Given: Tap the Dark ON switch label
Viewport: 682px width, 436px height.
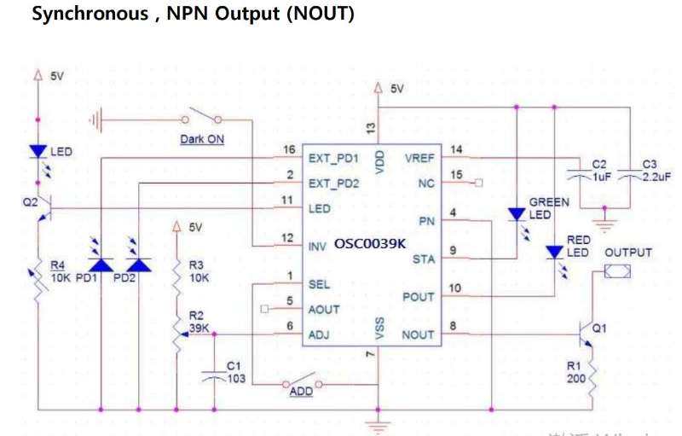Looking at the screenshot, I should coord(202,138).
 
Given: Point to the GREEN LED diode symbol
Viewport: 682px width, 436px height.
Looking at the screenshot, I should coord(517,214).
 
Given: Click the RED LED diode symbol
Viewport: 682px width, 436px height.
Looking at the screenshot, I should coord(555,253).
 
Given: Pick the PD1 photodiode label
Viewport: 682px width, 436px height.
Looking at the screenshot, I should coord(88,278).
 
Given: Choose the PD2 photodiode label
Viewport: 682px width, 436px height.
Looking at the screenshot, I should coord(124,278).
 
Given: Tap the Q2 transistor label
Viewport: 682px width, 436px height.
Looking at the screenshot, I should coord(31,202).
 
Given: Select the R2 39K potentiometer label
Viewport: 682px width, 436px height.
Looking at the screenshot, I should coord(197,322).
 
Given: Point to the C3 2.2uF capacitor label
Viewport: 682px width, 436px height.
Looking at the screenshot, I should coord(655,173).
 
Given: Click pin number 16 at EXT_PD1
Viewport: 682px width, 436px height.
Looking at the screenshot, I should coord(289,150).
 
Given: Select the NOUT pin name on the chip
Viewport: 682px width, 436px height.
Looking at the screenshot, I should coord(418,335).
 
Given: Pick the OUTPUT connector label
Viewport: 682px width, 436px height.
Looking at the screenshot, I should coord(628,253).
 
